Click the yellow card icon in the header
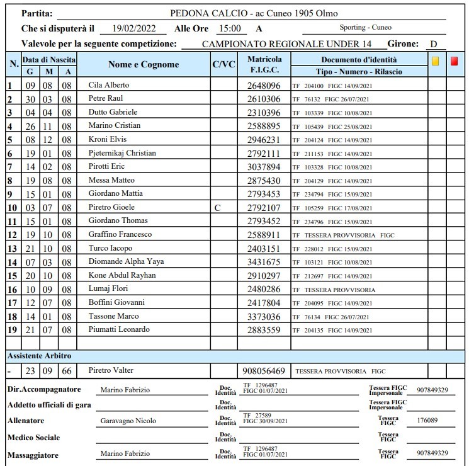tap(436, 62)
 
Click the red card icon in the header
tap(455, 62)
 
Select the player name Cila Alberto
tap(109, 85)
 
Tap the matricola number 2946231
tap(264, 140)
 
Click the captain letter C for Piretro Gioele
tap(217, 207)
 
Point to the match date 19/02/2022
tap(133, 28)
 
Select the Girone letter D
tap(434, 44)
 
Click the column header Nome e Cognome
tap(144, 64)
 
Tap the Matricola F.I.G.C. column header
tap(264, 64)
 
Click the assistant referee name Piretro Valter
tap(111, 370)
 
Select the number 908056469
tap(264, 371)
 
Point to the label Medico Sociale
tap(35, 437)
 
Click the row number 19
tap(11, 330)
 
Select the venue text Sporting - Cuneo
tap(365, 28)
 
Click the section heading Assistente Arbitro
tap(40, 356)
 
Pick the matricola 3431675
tap(264, 262)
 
